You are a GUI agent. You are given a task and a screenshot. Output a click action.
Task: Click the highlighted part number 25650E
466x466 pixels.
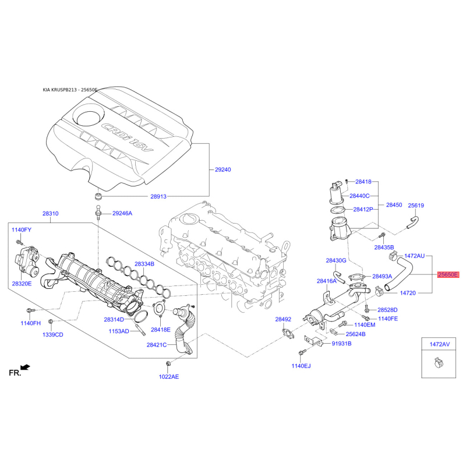coord(448,274)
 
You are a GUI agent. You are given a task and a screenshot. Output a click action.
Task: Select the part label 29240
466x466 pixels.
coord(223,170)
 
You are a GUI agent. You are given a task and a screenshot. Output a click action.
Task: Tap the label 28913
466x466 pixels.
coord(158,196)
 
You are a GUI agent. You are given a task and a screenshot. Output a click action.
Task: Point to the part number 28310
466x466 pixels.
coord(51,213)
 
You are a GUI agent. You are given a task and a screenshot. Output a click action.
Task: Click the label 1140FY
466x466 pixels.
coord(22,230)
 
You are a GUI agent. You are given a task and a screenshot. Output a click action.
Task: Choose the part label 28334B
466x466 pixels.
coord(144,264)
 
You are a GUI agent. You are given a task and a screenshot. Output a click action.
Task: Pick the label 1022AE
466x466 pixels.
coord(169,377)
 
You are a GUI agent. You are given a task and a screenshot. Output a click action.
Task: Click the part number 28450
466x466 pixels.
coord(394,205)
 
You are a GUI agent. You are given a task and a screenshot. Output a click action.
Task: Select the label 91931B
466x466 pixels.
coord(342,344)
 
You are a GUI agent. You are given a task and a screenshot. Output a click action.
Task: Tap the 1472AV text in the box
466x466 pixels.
coord(440,344)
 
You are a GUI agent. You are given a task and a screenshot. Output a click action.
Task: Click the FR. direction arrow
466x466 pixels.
coord(26,368)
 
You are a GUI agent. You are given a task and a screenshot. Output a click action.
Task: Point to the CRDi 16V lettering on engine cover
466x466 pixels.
coord(128,137)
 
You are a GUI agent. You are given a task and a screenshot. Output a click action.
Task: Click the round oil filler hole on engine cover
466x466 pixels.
coord(89,118)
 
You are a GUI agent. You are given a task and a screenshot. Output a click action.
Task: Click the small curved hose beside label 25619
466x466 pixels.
coord(413,223)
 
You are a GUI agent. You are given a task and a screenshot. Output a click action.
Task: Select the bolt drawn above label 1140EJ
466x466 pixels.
coord(302,352)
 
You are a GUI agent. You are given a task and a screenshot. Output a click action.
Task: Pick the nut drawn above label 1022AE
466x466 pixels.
coord(168,363)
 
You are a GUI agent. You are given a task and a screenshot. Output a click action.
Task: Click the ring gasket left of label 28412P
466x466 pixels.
coord(338,210)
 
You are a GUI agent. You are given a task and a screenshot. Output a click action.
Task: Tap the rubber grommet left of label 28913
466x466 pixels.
coord(98,196)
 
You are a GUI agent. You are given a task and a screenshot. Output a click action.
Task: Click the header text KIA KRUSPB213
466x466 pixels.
coord(60,90)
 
